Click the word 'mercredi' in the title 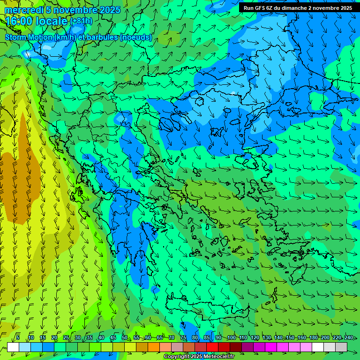click(x=23, y=10)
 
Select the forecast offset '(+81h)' click(x=81, y=22)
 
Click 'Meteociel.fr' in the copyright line click(x=216, y=357)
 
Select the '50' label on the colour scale click(x=125, y=338)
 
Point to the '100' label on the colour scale click(x=231, y=338)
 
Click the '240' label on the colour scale click(x=348, y=338)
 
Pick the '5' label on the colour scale click(x=18, y=338)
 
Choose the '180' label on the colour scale click(x=313, y=338)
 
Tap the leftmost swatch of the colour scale click(x=13, y=347)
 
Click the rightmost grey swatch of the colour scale click(x=341, y=347)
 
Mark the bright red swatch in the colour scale click(x=212, y=347)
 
